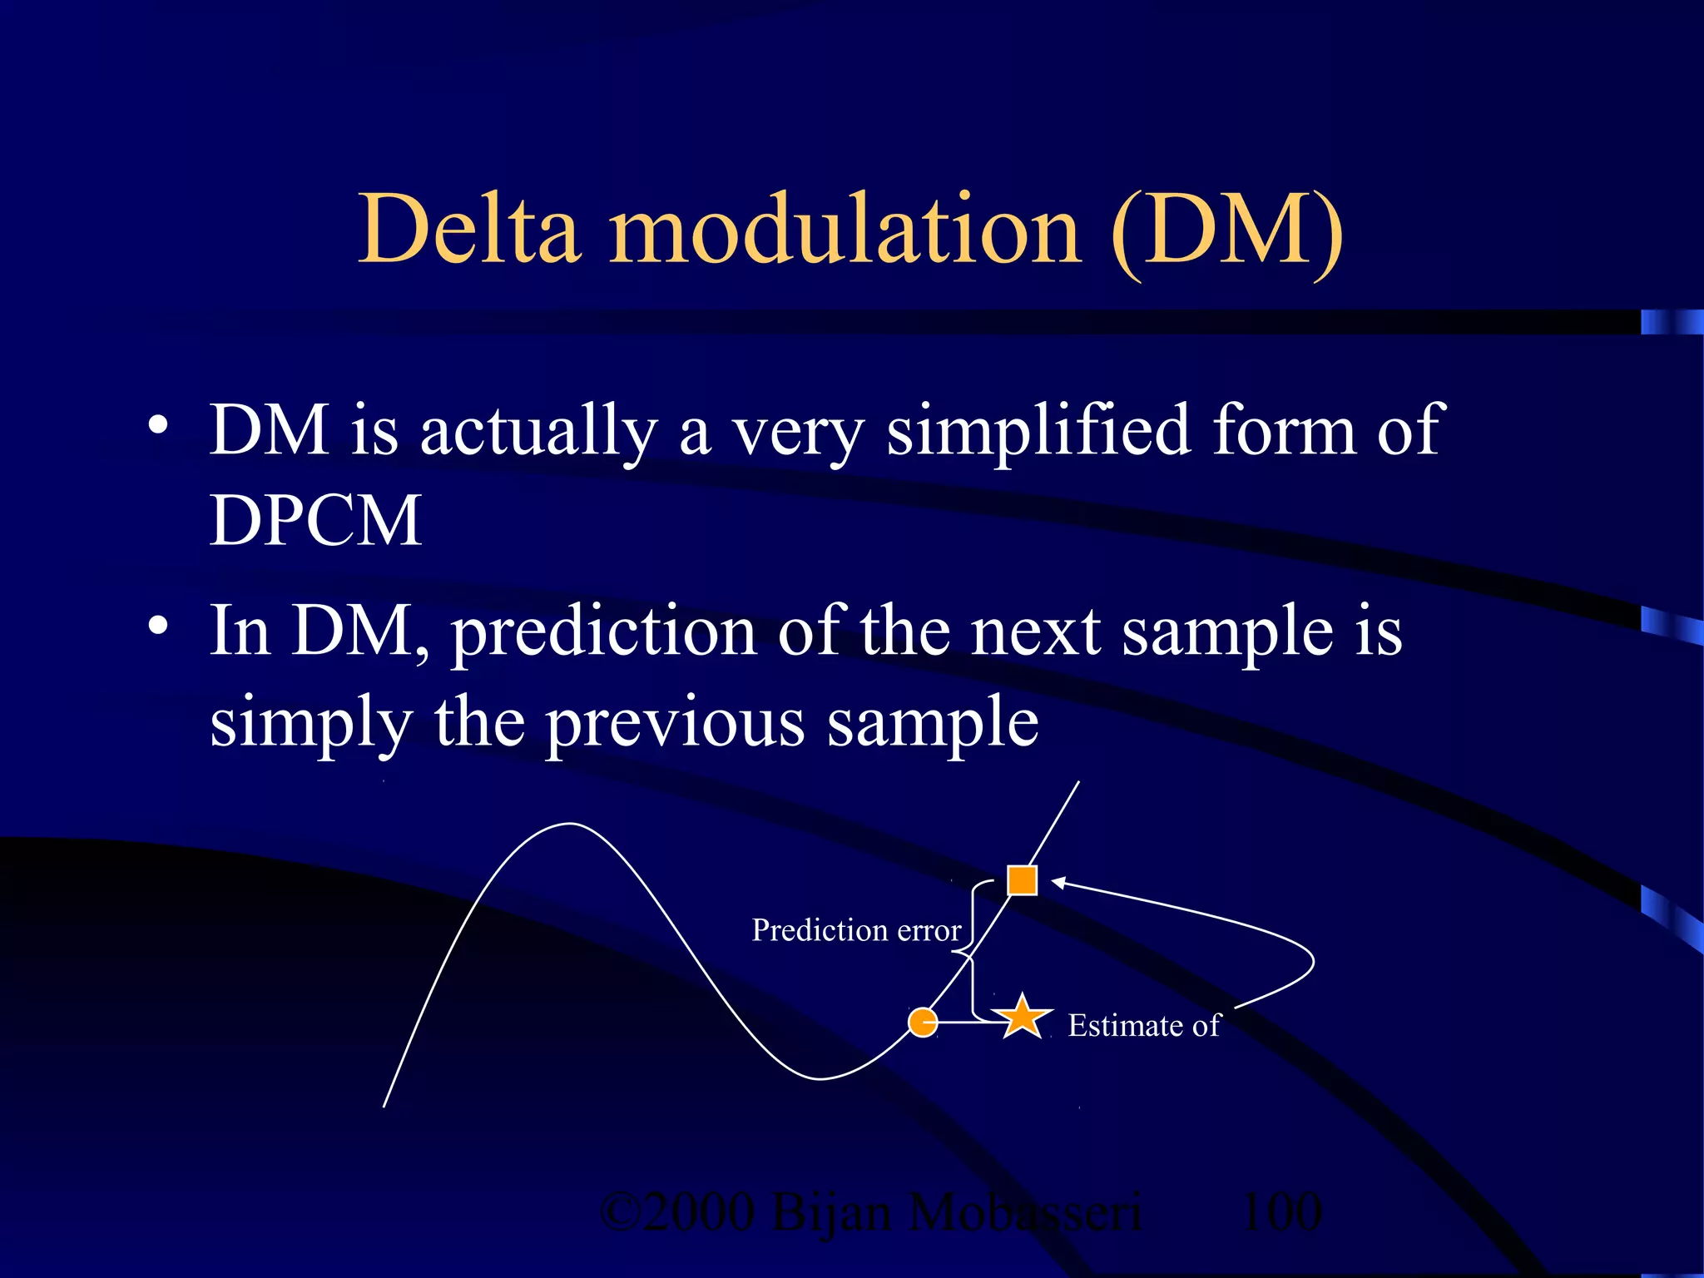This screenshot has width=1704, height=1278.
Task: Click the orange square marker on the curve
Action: coord(1022,879)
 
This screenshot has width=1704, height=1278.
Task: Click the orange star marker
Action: coord(1022,1018)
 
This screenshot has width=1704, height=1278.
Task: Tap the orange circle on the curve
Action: coord(923,1022)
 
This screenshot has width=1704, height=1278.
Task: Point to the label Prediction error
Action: coord(856,930)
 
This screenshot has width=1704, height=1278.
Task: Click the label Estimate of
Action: coord(1143,1025)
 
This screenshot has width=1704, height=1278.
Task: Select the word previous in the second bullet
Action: coord(675,724)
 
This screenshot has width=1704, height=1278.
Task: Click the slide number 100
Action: coord(1281,1211)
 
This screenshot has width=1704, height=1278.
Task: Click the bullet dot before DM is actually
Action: coord(158,426)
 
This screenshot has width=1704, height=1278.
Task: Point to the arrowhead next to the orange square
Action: coord(1058,882)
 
